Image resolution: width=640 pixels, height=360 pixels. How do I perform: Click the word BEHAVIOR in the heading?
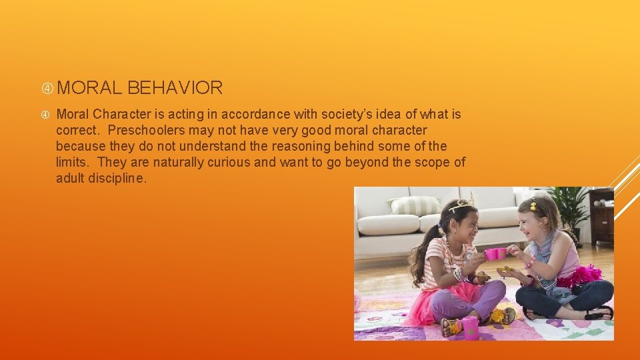174,87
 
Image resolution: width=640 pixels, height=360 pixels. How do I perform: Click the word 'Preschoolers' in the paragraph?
150,130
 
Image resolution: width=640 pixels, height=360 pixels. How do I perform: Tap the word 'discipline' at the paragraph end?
117,178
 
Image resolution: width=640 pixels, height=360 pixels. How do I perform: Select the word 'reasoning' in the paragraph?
323,146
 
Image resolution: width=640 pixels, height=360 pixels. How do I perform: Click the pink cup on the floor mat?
470,326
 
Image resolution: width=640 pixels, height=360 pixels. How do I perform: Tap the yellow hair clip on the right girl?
533,205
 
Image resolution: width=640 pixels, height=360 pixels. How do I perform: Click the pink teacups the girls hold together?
495,253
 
